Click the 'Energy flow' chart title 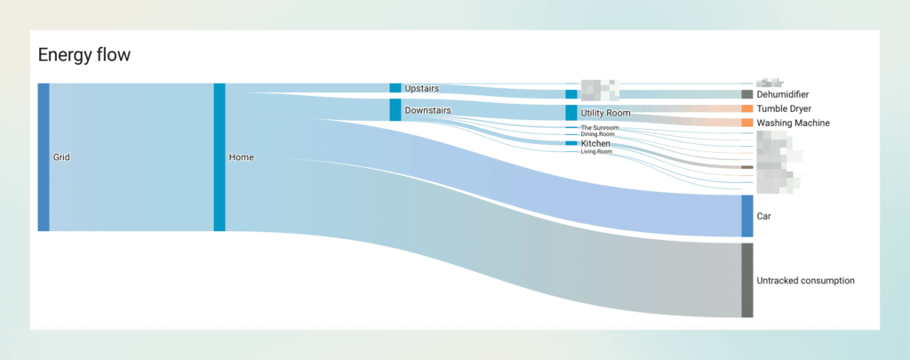(x=84, y=55)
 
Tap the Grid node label (x=61, y=157)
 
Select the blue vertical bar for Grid (x=44, y=157)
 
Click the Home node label (x=241, y=157)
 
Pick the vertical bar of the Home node (x=220, y=157)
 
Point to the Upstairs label (x=421, y=89)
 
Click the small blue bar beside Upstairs (x=395, y=88)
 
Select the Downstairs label (x=427, y=110)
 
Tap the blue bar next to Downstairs (x=395, y=110)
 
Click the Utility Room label (x=605, y=114)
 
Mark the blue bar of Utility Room (x=571, y=113)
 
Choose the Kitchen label (x=595, y=143)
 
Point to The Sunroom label (x=599, y=128)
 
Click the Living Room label (x=596, y=152)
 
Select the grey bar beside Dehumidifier (x=747, y=94)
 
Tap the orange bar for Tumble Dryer (x=747, y=108)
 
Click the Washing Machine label (x=793, y=123)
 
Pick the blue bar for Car (x=747, y=216)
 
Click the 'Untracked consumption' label (x=805, y=281)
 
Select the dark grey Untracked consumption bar (x=747, y=280)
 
